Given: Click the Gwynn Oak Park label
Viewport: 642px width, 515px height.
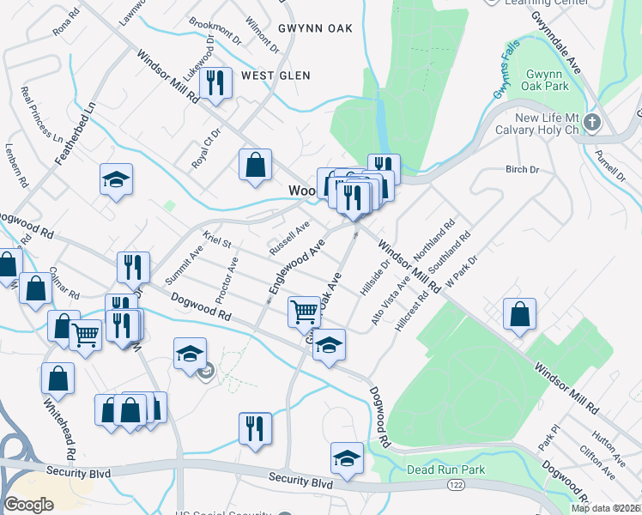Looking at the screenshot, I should coord(548,81).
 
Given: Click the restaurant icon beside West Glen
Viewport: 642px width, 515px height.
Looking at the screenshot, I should coord(215,82).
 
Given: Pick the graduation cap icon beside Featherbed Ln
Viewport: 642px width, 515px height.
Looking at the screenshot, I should coord(116,179).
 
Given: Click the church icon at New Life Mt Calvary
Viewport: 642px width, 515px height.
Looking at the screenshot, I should coord(591,124).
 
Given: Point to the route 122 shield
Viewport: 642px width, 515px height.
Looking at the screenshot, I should coord(456,486).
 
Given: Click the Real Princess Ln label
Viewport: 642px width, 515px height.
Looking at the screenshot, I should coord(42,114).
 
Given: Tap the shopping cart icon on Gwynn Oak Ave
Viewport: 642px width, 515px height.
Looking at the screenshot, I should coord(304,312).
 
